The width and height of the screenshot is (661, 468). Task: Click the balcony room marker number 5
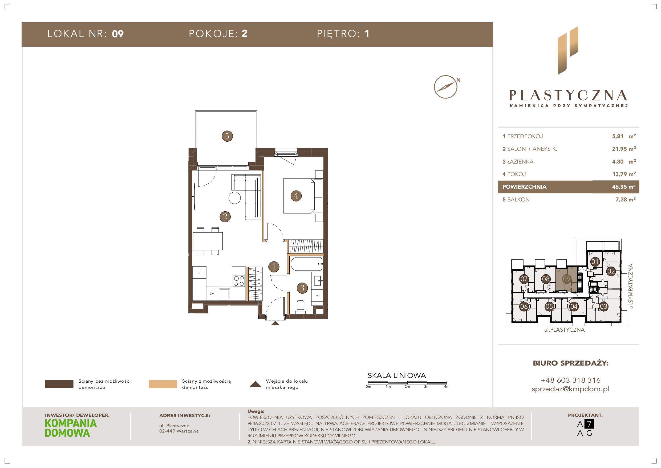227,136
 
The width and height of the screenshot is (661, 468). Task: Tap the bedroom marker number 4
296,196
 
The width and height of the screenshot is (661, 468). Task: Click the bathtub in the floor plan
307,264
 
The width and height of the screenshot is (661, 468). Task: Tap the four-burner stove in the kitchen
239,281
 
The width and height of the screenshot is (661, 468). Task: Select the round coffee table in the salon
235,198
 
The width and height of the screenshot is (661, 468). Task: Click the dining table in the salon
208,241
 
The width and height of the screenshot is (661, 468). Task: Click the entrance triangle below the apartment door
275,323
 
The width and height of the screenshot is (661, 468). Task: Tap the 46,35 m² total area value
624,187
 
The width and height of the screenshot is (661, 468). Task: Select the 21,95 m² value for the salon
624,149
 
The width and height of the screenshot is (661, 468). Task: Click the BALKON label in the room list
518,200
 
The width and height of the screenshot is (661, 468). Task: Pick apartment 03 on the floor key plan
603,307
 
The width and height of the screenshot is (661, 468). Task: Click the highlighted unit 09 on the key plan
566,279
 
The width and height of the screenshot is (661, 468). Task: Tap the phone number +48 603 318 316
571,380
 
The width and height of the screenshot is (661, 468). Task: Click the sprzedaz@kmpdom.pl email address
571,389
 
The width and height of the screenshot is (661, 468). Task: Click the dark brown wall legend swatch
59,384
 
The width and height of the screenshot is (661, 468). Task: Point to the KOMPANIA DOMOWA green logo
71,428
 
